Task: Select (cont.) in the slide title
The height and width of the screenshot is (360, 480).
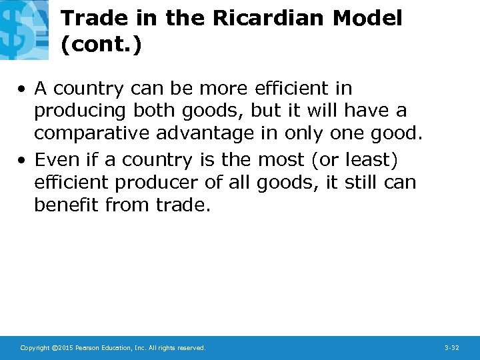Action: click(101, 45)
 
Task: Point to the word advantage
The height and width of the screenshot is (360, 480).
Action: click(205, 133)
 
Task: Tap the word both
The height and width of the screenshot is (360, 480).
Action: click(148, 111)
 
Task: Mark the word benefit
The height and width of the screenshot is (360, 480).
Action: click(66, 205)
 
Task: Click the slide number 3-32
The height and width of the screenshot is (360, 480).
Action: click(451, 348)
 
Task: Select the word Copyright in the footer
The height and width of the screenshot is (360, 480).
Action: click(35, 348)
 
